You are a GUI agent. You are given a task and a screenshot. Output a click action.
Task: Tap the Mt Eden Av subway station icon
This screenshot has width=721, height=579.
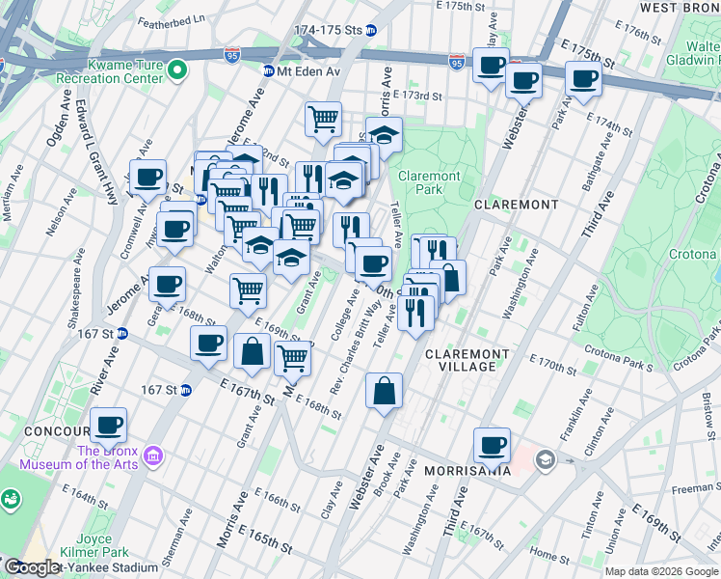270,70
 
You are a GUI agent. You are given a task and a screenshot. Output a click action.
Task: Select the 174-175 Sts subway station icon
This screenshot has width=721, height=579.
372,30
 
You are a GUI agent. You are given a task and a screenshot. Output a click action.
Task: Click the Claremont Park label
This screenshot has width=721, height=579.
430,182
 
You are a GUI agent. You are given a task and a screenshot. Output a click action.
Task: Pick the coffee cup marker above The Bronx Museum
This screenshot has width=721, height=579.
108,425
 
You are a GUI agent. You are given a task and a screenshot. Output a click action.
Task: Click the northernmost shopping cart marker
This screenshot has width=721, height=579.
324,119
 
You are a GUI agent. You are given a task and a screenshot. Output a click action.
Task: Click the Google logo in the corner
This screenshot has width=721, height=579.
32,567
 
